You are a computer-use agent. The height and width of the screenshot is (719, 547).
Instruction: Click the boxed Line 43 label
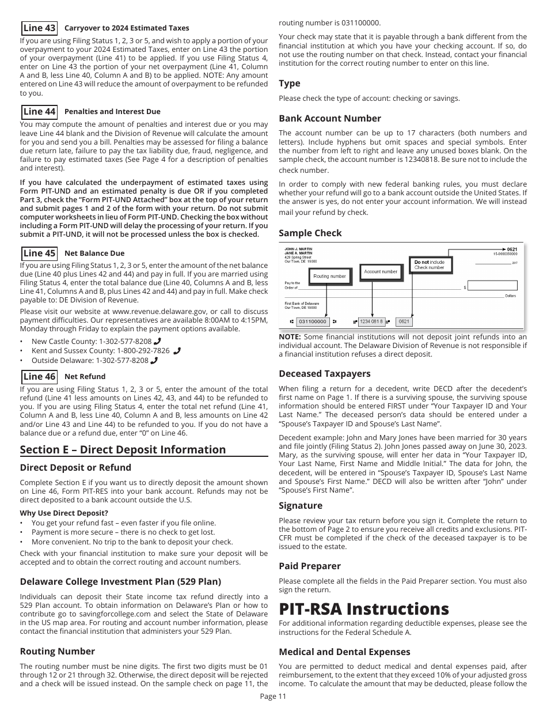(x=39, y=28)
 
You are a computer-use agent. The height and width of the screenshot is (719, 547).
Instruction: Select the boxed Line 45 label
(x=39, y=253)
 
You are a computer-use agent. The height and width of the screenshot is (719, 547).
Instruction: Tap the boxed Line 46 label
(x=39, y=377)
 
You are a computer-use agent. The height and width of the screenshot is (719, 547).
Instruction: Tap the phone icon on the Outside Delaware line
(x=154, y=361)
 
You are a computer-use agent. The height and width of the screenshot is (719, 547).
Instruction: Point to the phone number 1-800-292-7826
(x=143, y=351)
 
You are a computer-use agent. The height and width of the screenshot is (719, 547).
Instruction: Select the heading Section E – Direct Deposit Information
(x=123, y=450)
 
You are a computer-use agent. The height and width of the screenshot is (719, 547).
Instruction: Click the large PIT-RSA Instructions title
(x=363, y=609)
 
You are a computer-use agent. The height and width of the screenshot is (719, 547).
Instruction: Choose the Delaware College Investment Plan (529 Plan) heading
(x=120, y=581)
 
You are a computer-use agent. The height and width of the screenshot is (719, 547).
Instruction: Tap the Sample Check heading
(x=310, y=233)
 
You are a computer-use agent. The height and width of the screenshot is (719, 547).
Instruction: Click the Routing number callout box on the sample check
(x=329, y=276)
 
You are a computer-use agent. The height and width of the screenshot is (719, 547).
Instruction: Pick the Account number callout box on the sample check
(x=381, y=271)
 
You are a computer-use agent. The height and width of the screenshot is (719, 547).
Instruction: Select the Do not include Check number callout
(x=430, y=265)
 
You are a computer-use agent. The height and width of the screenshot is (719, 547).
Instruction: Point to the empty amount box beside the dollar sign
(x=492, y=286)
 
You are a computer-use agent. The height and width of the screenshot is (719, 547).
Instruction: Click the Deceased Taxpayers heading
(x=325, y=374)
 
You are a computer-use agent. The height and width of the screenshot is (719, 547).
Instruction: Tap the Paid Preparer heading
(x=310, y=566)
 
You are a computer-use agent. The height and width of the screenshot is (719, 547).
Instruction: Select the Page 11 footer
(x=273, y=696)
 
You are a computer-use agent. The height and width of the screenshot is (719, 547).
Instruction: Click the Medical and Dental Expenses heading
(x=344, y=652)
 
